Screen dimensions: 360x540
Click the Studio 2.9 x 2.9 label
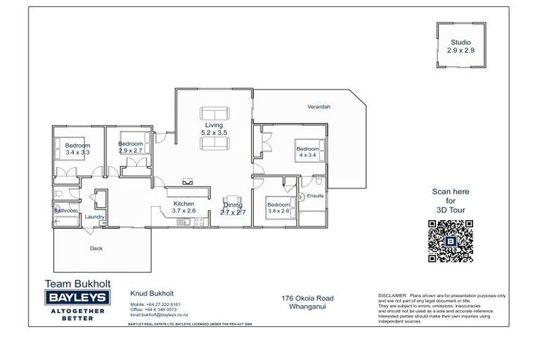(x=461, y=46)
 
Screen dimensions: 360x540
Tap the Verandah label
(x=319, y=107)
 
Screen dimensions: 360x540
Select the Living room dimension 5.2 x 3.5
(x=214, y=132)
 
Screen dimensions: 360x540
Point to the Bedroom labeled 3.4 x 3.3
(x=78, y=148)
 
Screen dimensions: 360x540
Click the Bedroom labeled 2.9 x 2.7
(x=131, y=148)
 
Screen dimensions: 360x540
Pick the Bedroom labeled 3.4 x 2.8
(x=278, y=209)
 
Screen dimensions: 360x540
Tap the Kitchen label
(x=184, y=207)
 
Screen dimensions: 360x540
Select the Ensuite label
(x=315, y=195)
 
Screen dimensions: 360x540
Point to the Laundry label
(x=94, y=217)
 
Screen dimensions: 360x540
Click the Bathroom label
(x=65, y=210)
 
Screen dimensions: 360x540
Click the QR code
(x=450, y=241)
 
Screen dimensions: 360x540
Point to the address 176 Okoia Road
(x=308, y=298)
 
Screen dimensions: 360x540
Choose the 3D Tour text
(x=450, y=210)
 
